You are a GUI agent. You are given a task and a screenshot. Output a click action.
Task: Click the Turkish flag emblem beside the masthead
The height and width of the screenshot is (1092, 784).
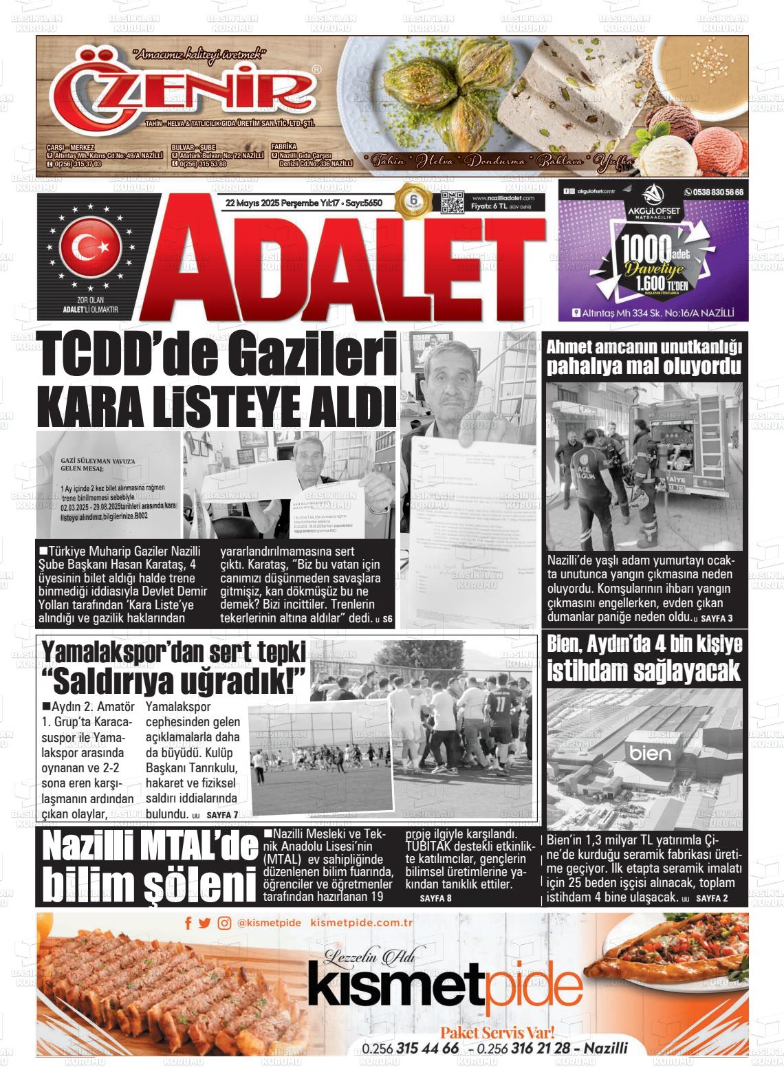click(91, 245)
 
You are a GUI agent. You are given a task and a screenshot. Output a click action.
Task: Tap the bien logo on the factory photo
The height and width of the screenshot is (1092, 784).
click(649, 753)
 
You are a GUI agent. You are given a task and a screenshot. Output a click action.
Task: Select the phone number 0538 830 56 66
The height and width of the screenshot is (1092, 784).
click(713, 193)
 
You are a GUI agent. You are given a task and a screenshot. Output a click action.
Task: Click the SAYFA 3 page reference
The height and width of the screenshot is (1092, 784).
click(716, 618)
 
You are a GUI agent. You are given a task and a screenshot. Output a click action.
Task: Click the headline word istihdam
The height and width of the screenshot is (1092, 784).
click(593, 671)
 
